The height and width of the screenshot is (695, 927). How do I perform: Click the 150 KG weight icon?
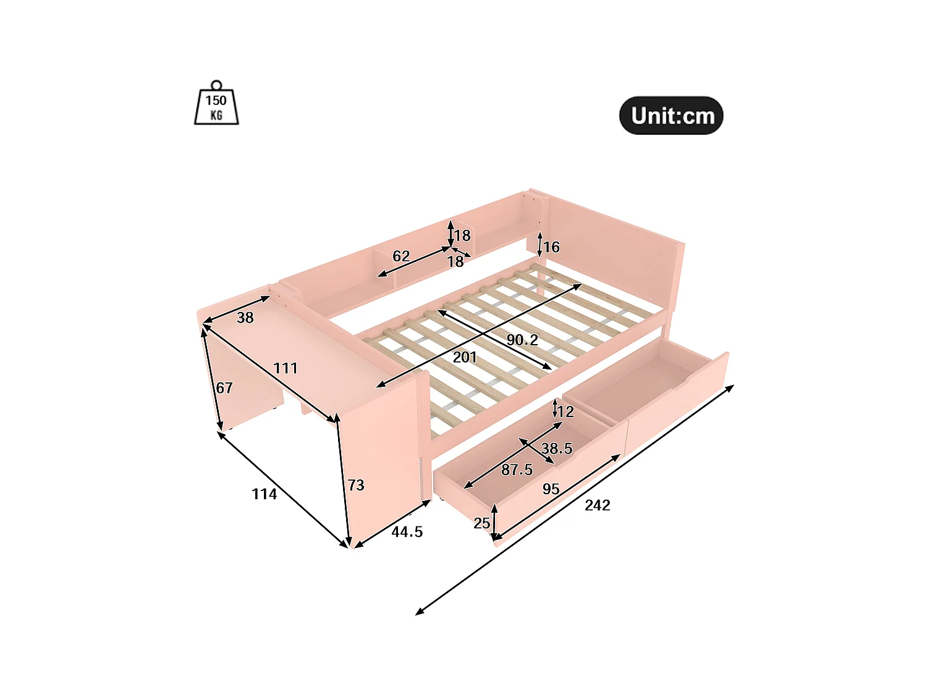216,106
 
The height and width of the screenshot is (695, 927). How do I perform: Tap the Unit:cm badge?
671,116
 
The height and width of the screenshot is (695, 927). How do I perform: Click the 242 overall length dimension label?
597,505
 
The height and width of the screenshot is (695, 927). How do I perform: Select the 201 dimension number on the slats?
465,357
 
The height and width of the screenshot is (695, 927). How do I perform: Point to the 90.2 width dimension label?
522,340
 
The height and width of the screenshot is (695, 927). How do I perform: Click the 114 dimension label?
264,494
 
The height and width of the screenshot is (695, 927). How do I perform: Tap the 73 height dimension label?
356,485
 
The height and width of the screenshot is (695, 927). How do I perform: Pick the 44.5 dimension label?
407,531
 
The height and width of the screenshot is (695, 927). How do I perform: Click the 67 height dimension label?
224,387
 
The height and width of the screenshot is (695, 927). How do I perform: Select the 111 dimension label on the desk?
286,368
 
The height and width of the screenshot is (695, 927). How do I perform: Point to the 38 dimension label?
245,318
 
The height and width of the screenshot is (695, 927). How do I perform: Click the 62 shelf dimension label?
401,256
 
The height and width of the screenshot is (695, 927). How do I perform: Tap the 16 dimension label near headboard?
551,247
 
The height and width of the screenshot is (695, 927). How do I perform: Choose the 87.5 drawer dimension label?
517,470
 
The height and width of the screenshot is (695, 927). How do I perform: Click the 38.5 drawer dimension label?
557,449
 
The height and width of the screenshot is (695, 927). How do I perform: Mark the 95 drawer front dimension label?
551,489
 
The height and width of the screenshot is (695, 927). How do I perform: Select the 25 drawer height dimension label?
481,523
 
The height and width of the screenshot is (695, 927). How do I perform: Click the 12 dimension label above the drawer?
565,411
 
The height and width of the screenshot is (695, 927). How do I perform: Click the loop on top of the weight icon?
216,85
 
